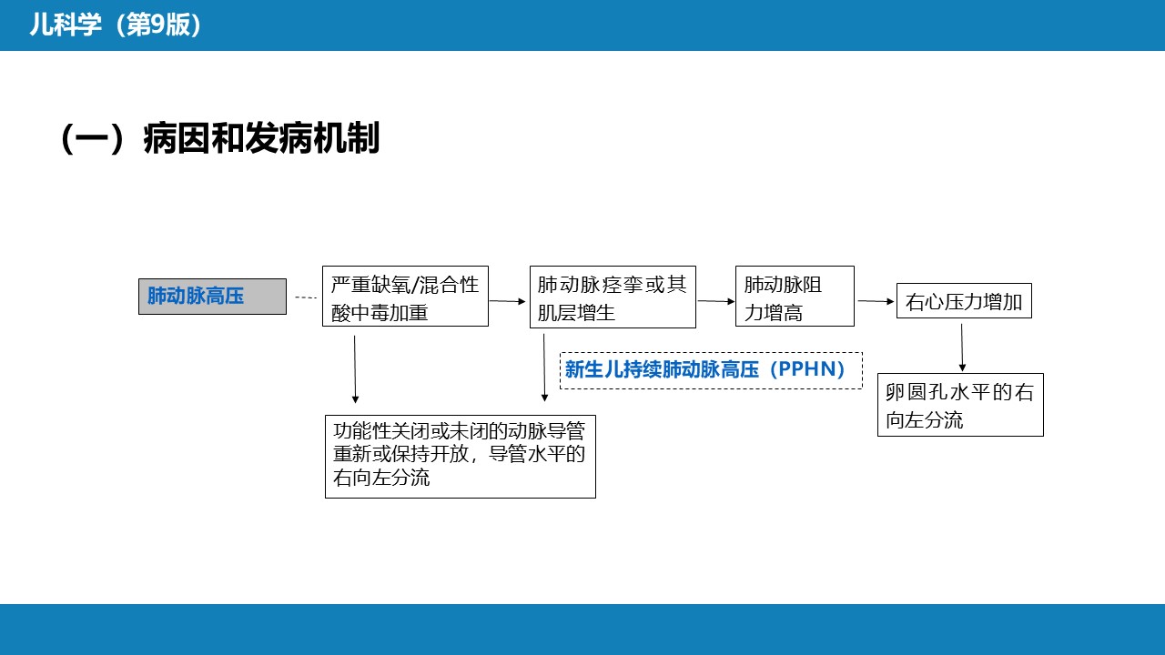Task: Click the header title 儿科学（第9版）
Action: coord(116,25)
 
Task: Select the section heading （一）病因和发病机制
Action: coord(220,138)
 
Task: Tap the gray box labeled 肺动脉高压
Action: coord(212,297)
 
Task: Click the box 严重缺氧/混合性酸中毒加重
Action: coord(405,297)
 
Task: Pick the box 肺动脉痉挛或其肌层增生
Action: coord(613,297)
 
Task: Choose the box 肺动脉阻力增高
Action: coord(795,297)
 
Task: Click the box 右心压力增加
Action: coord(964,301)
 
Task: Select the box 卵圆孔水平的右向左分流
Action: coord(960,405)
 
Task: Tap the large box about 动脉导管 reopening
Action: coord(461,457)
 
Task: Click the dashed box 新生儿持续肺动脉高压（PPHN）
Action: coord(711,370)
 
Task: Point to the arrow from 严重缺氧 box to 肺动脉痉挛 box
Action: coord(507,301)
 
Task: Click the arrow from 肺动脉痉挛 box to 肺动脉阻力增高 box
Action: coord(716,301)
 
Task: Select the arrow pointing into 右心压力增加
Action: coord(876,301)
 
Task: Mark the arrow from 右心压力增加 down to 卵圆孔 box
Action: coord(962,348)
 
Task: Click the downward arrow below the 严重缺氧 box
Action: coord(355,369)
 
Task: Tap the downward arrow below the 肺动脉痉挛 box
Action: coord(544,368)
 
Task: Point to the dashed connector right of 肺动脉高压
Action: coord(306,297)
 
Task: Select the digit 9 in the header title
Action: coord(157,25)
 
